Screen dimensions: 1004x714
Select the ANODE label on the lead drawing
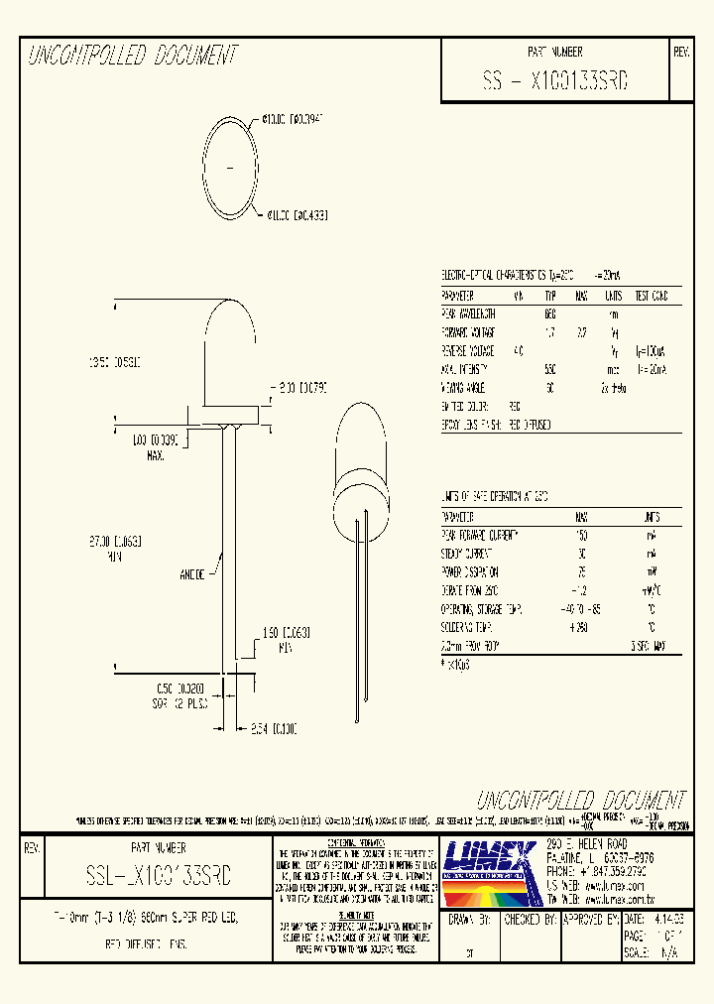click(x=193, y=573)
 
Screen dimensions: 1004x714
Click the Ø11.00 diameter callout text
click(x=297, y=213)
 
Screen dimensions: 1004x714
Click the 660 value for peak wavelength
click(x=550, y=314)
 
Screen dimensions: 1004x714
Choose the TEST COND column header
click(x=651, y=296)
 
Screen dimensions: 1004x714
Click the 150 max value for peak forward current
click(x=582, y=536)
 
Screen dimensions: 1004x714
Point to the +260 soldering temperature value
click(x=581, y=627)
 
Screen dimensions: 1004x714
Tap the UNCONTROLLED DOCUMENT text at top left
click(x=132, y=56)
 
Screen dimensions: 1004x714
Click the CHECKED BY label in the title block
click(x=526, y=920)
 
